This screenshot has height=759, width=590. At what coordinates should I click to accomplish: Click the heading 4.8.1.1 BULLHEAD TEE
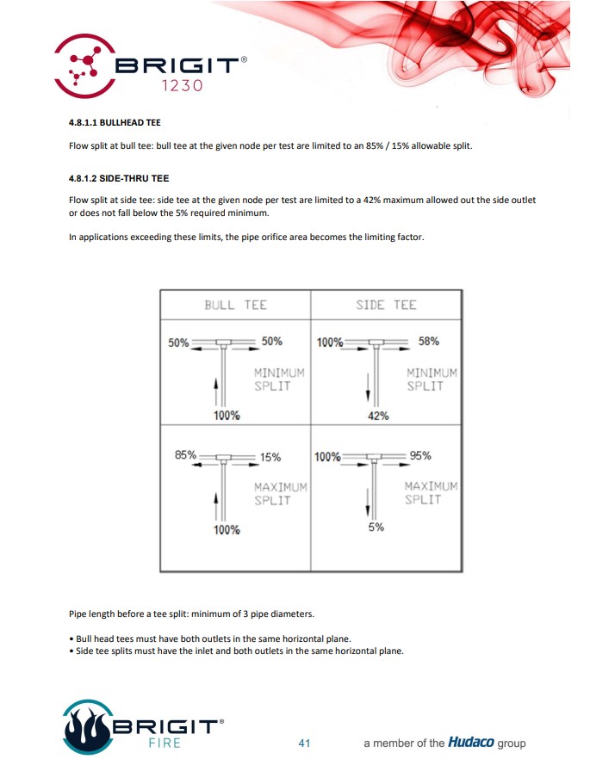coord(115,122)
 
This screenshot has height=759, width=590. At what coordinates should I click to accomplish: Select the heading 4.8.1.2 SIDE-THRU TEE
coord(119,178)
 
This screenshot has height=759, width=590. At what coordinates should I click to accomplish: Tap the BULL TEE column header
coord(235,305)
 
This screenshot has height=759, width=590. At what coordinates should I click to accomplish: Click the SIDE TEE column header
coord(386,305)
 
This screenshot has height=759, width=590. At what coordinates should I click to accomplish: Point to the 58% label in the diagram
coord(428,341)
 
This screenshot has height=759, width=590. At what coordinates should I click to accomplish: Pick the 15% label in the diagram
coord(270,457)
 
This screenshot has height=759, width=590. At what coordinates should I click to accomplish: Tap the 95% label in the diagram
coord(420,455)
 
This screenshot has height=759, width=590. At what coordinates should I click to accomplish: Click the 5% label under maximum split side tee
coord(376,528)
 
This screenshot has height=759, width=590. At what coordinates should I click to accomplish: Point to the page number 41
coord(303,743)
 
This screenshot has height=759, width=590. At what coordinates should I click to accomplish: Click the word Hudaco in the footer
coord(470,743)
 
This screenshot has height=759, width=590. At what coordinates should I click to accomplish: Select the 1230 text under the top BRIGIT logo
coord(182,86)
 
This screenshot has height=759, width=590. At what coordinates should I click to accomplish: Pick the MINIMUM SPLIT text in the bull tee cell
coord(279,379)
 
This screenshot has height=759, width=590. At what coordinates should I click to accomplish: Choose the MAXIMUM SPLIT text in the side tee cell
coord(431,493)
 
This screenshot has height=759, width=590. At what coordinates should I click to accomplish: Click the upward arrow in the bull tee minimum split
coord(214,392)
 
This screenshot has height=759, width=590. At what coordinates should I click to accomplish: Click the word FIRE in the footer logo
coord(163,743)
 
